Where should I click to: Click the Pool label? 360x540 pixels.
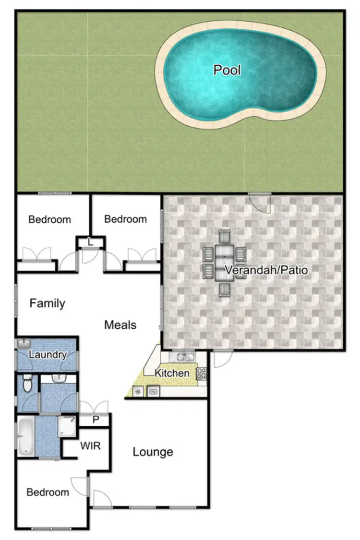pos(227,71)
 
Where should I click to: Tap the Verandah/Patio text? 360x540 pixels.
pos(266,270)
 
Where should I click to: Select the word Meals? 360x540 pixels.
pos(120,325)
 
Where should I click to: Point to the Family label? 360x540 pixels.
pos(47,303)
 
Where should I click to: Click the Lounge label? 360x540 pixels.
pos(153,452)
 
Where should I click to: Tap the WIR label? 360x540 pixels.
pos(90,446)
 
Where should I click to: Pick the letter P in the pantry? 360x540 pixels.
pos(96,420)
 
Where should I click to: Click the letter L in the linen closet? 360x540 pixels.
pos(90,242)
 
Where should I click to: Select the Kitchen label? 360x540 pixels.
pos(172,373)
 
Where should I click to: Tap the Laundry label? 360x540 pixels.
pos(47,355)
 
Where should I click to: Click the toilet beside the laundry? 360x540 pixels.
pos(27,384)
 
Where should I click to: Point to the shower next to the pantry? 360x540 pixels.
pos(67,426)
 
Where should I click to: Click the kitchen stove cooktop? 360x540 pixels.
pos(201,373)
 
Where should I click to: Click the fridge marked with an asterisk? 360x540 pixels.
pos(139,392)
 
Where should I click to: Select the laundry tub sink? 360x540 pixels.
pos(23,343)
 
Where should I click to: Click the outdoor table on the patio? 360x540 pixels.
pos(225,263)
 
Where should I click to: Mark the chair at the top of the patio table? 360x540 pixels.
pos(225,236)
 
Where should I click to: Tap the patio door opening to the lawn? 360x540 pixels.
pos(261,202)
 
